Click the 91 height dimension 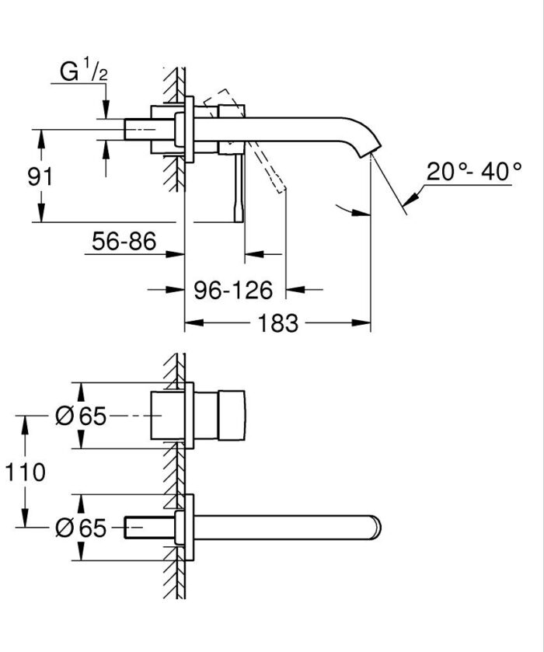pyautogui.click(x=40, y=176)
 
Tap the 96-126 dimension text pyautogui.click(x=232, y=290)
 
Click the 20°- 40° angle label pyautogui.click(x=473, y=171)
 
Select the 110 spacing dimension pyautogui.click(x=24, y=471)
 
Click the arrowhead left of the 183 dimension pyautogui.click(x=191, y=323)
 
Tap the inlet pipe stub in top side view pyautogui.click(x=140, y=129)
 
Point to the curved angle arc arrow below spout pyautogui.click(x=350, y=207)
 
